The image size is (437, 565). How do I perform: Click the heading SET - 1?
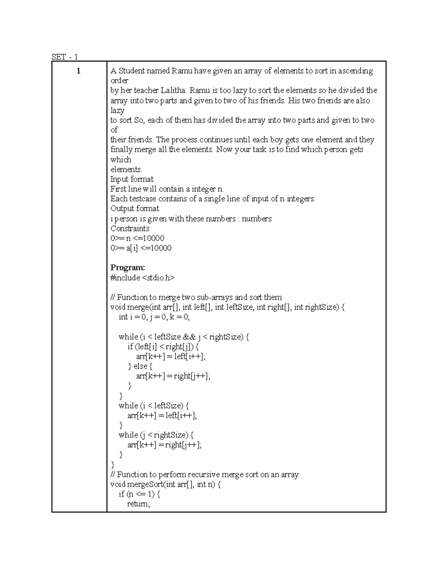pos(64,57)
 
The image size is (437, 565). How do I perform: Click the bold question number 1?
pos(78,71)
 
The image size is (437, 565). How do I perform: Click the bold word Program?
pos(127,268)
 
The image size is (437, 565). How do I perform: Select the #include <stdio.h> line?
pos(142,278)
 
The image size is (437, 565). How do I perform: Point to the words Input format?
pos(132,179)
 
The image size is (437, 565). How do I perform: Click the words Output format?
pos(135,208)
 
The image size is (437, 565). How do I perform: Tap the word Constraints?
pos(130,228)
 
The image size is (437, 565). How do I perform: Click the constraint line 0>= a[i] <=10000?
pos(141,248)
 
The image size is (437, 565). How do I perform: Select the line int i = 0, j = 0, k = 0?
pos(154,317)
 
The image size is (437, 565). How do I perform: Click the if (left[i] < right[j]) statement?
pos(163,346)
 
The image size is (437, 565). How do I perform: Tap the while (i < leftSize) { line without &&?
pos(154,405)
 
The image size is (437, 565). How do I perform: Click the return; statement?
pos(138,504)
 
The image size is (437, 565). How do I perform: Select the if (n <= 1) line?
pos(139,494)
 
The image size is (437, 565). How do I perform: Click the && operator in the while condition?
pos(189,337)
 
